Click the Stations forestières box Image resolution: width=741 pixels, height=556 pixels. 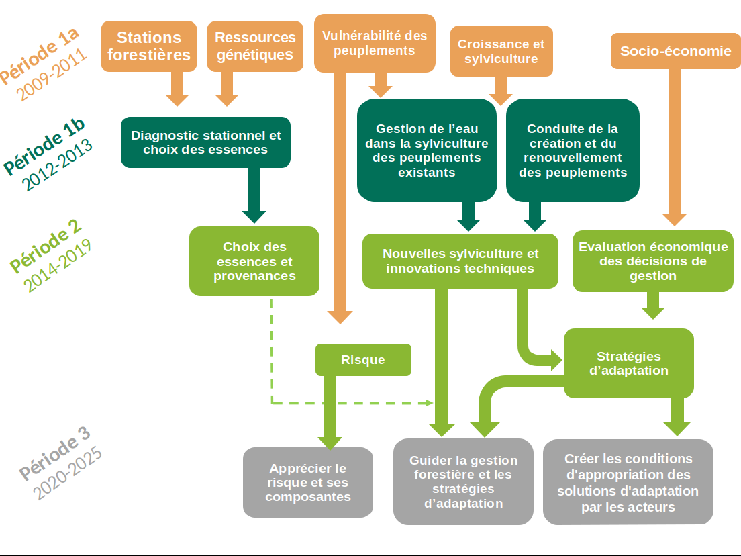149,46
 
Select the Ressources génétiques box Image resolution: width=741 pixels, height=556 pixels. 255,46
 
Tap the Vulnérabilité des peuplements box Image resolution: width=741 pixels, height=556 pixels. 374,43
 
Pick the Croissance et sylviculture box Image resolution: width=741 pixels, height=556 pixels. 501,51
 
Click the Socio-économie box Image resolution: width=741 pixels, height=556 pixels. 675,51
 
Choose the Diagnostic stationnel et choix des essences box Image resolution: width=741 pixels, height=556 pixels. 205,142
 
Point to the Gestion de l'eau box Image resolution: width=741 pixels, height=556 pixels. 427,150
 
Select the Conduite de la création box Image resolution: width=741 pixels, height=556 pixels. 573,150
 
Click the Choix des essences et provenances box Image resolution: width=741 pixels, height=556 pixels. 254,261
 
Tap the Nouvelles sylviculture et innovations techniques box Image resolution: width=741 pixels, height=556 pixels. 460,261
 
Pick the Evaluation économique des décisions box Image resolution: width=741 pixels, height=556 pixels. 652,261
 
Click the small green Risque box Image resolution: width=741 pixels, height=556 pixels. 363,360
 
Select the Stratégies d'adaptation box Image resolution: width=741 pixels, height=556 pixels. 628,363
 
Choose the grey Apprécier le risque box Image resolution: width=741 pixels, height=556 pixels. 308,482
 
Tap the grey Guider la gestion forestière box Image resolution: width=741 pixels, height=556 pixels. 463,481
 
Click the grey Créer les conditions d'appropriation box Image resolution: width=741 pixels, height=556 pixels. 628,482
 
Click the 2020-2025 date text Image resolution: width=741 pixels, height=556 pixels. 68,473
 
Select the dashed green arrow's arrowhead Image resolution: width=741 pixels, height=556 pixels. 430,403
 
